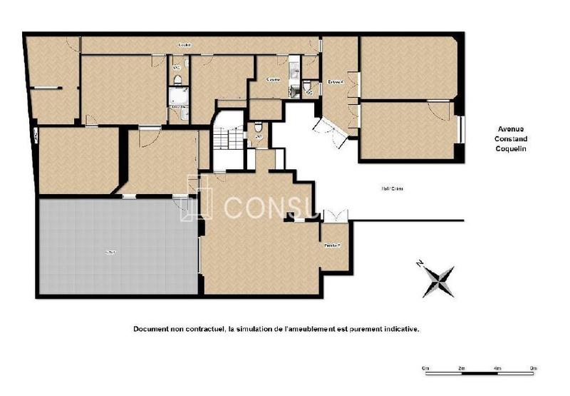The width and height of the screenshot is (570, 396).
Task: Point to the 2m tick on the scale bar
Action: tap(461, 368)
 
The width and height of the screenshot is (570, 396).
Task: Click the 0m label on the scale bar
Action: tap(425, 368)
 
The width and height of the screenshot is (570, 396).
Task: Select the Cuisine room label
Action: tap(273, 79)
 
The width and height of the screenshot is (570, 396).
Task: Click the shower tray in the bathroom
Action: tap(177, 96)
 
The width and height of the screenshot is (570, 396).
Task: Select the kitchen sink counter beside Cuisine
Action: tap(294, 80)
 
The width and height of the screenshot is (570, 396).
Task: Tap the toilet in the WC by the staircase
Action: tap(258, 128)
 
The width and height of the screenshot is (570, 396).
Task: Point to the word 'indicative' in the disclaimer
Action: tap(401, 329)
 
